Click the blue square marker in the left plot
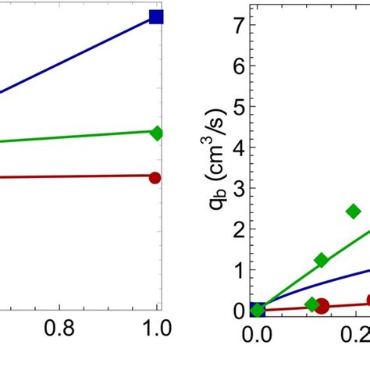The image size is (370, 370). (156, 16)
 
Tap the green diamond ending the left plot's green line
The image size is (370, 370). (156, 133)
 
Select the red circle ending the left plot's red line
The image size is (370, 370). (155, 177)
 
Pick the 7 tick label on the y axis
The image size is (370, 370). (238, 25)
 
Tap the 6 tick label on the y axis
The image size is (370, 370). (238, 66)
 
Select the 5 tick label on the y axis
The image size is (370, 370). (238, 106)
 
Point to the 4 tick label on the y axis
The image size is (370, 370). (238, 148)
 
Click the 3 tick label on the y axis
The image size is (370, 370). (238, 188)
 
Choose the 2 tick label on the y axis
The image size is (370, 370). (238, 229)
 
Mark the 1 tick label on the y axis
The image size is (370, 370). (238, 270)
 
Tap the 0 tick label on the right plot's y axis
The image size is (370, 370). (238, 311)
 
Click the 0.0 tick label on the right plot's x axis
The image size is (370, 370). (258, 337)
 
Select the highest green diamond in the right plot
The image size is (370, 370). (354, 211)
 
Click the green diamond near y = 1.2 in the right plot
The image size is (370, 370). (321, 260)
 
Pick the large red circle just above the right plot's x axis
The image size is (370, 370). (322, 306)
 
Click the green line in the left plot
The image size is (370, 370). (78, 137)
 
